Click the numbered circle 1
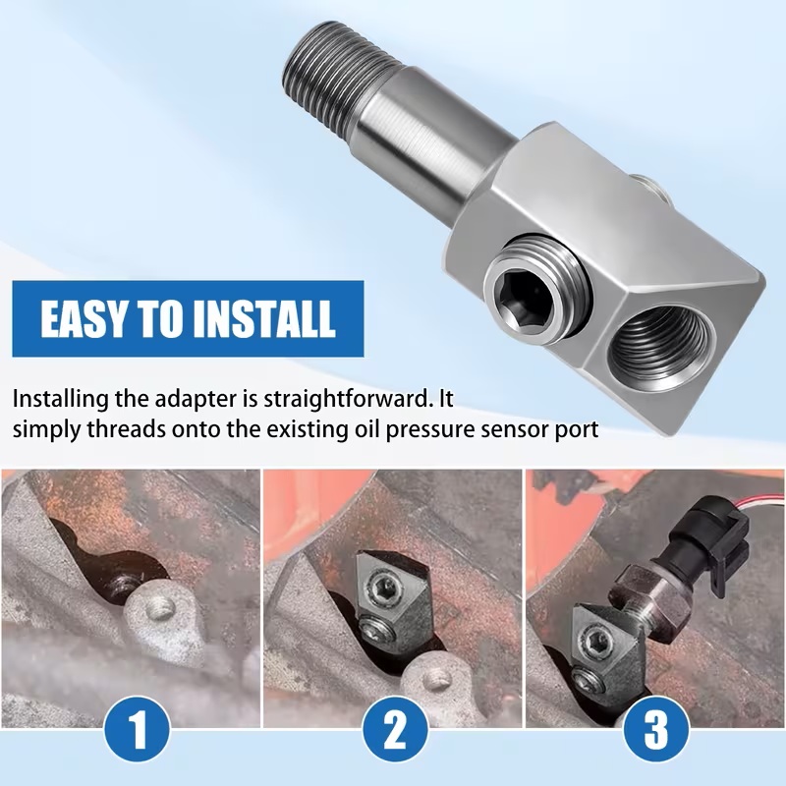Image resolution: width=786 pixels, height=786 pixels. point(138,728)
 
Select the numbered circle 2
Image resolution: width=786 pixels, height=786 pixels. point(396,728)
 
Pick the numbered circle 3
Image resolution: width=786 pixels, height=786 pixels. point(656,728)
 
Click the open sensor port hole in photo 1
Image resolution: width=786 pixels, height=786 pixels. point(122,583)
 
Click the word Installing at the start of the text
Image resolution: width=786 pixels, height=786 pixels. point(60,401)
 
